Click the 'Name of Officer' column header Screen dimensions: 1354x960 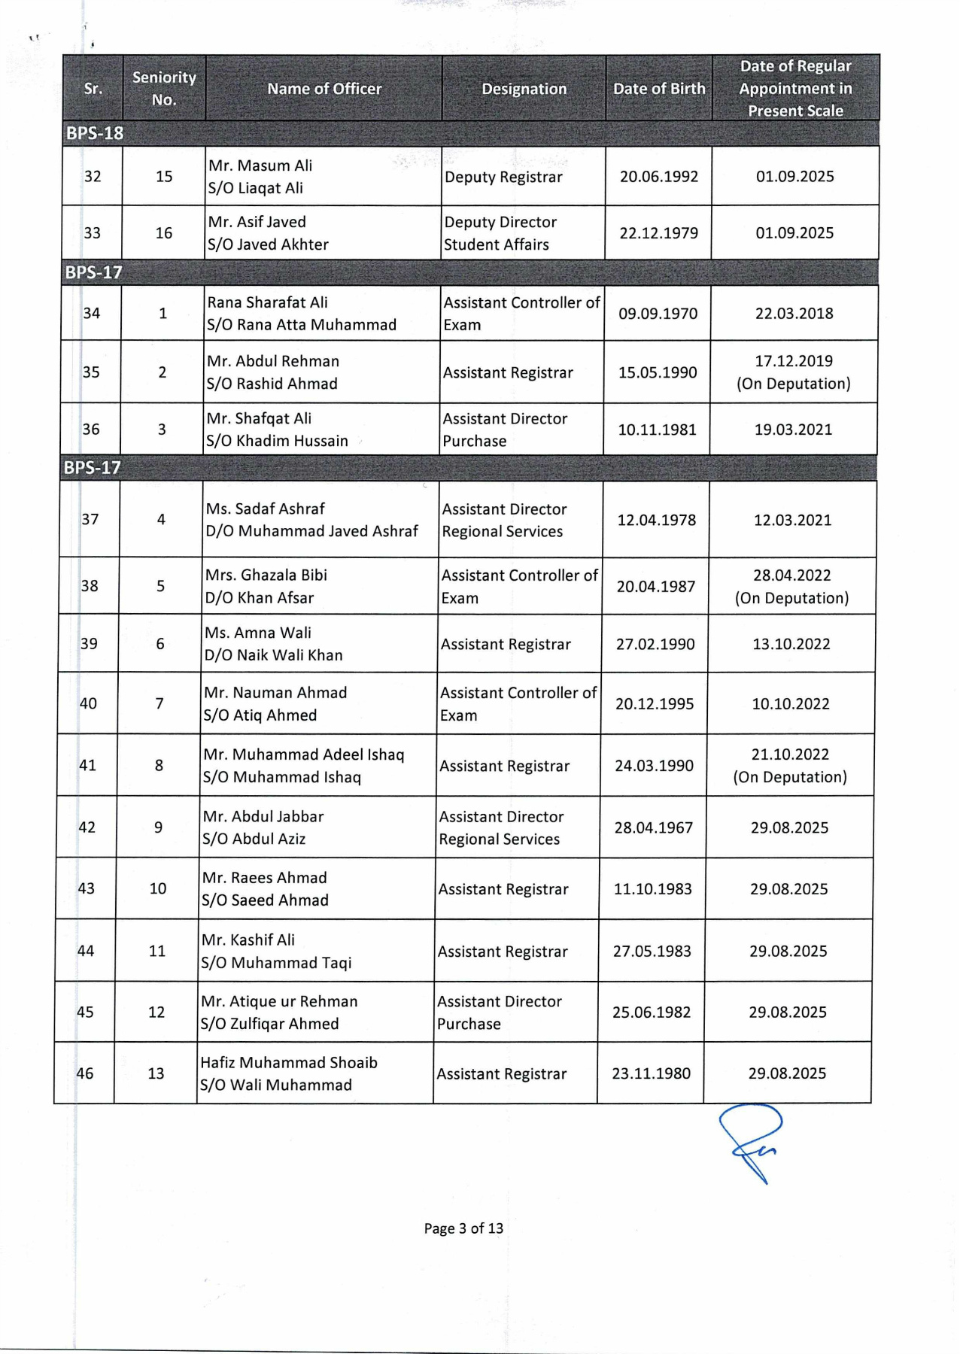(324, 89)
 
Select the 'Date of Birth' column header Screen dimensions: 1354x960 (659, 89)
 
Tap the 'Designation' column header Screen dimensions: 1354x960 (524, 89)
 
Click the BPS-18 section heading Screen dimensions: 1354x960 (95, 133)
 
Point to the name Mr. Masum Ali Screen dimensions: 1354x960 (260, 165)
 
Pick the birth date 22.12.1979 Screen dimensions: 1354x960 (658, 233)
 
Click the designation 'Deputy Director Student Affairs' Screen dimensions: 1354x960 (500, 233)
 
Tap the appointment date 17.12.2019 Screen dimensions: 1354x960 (794, 361)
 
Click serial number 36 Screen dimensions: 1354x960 (91, 430)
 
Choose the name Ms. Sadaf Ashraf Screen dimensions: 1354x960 (266, 509)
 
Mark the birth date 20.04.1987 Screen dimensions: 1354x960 (656, 587)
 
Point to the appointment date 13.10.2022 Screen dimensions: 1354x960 (791, 645)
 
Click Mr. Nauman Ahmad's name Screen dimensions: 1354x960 (275, 693)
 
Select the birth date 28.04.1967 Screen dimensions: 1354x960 (653, 828)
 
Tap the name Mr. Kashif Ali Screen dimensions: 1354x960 (248, 940)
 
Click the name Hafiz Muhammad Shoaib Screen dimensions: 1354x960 (289, 1063)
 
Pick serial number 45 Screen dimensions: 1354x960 (85, 1012)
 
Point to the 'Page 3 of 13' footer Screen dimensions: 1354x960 (463, 1228)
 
